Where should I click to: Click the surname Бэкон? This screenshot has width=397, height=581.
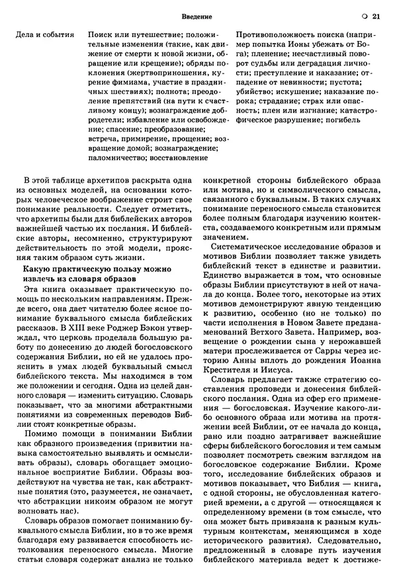tap(158, 326)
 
